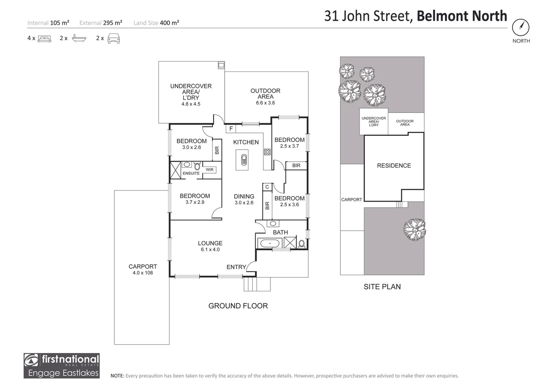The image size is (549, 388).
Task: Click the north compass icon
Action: pos(521,27)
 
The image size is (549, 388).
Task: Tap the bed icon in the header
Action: pos(45,38)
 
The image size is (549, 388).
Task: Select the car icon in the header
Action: pos(114,38)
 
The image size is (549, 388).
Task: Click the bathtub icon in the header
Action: pos(79,38)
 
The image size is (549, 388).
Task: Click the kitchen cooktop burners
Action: pos(267,152)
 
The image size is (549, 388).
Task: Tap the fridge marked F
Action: pos(231,129)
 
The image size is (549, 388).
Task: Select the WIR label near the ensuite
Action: pos(210,170)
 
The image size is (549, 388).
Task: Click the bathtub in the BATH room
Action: pos(270,244)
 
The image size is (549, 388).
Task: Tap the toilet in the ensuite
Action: pos(197,166)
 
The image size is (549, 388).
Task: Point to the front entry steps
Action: pos(257,284)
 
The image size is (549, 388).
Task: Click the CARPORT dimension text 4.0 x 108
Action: pos(143,273)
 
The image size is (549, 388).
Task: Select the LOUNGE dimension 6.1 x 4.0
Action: pos(210,249)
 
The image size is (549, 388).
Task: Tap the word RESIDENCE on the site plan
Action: pos(394,166)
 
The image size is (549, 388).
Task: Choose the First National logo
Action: pos(61,365)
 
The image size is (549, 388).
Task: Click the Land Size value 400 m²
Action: pos(170,23)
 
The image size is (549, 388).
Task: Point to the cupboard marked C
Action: pos(267,187)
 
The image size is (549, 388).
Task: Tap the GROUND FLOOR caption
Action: pos(238,306)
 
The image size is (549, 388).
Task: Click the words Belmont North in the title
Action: pos(462,16)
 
